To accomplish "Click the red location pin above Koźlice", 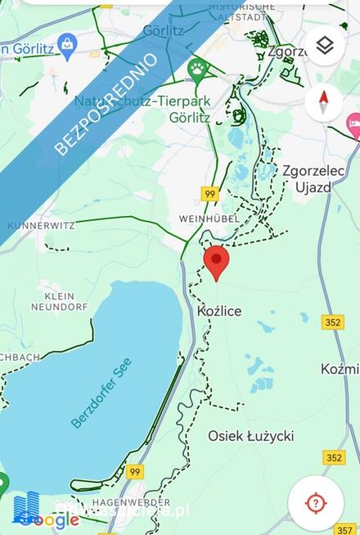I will [x=216, y=261].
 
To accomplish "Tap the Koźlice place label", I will [x=219, y=312].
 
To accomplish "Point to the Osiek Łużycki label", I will [x=250, y=436].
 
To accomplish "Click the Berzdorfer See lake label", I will [x=101, y=393].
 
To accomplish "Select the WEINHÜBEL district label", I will [x=209, y=220].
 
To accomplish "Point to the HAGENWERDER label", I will [x=119, y=501].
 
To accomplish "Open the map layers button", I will [x=324, y=46].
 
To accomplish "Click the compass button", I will [x=324, y=103].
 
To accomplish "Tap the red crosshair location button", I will [x=315, y=502].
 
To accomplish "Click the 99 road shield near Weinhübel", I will [x=210, y=194].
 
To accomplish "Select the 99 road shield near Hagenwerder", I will [x=135, y=472].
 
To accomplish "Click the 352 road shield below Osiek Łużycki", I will [x=333, y=457].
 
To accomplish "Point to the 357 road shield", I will [x=346, y=529].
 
